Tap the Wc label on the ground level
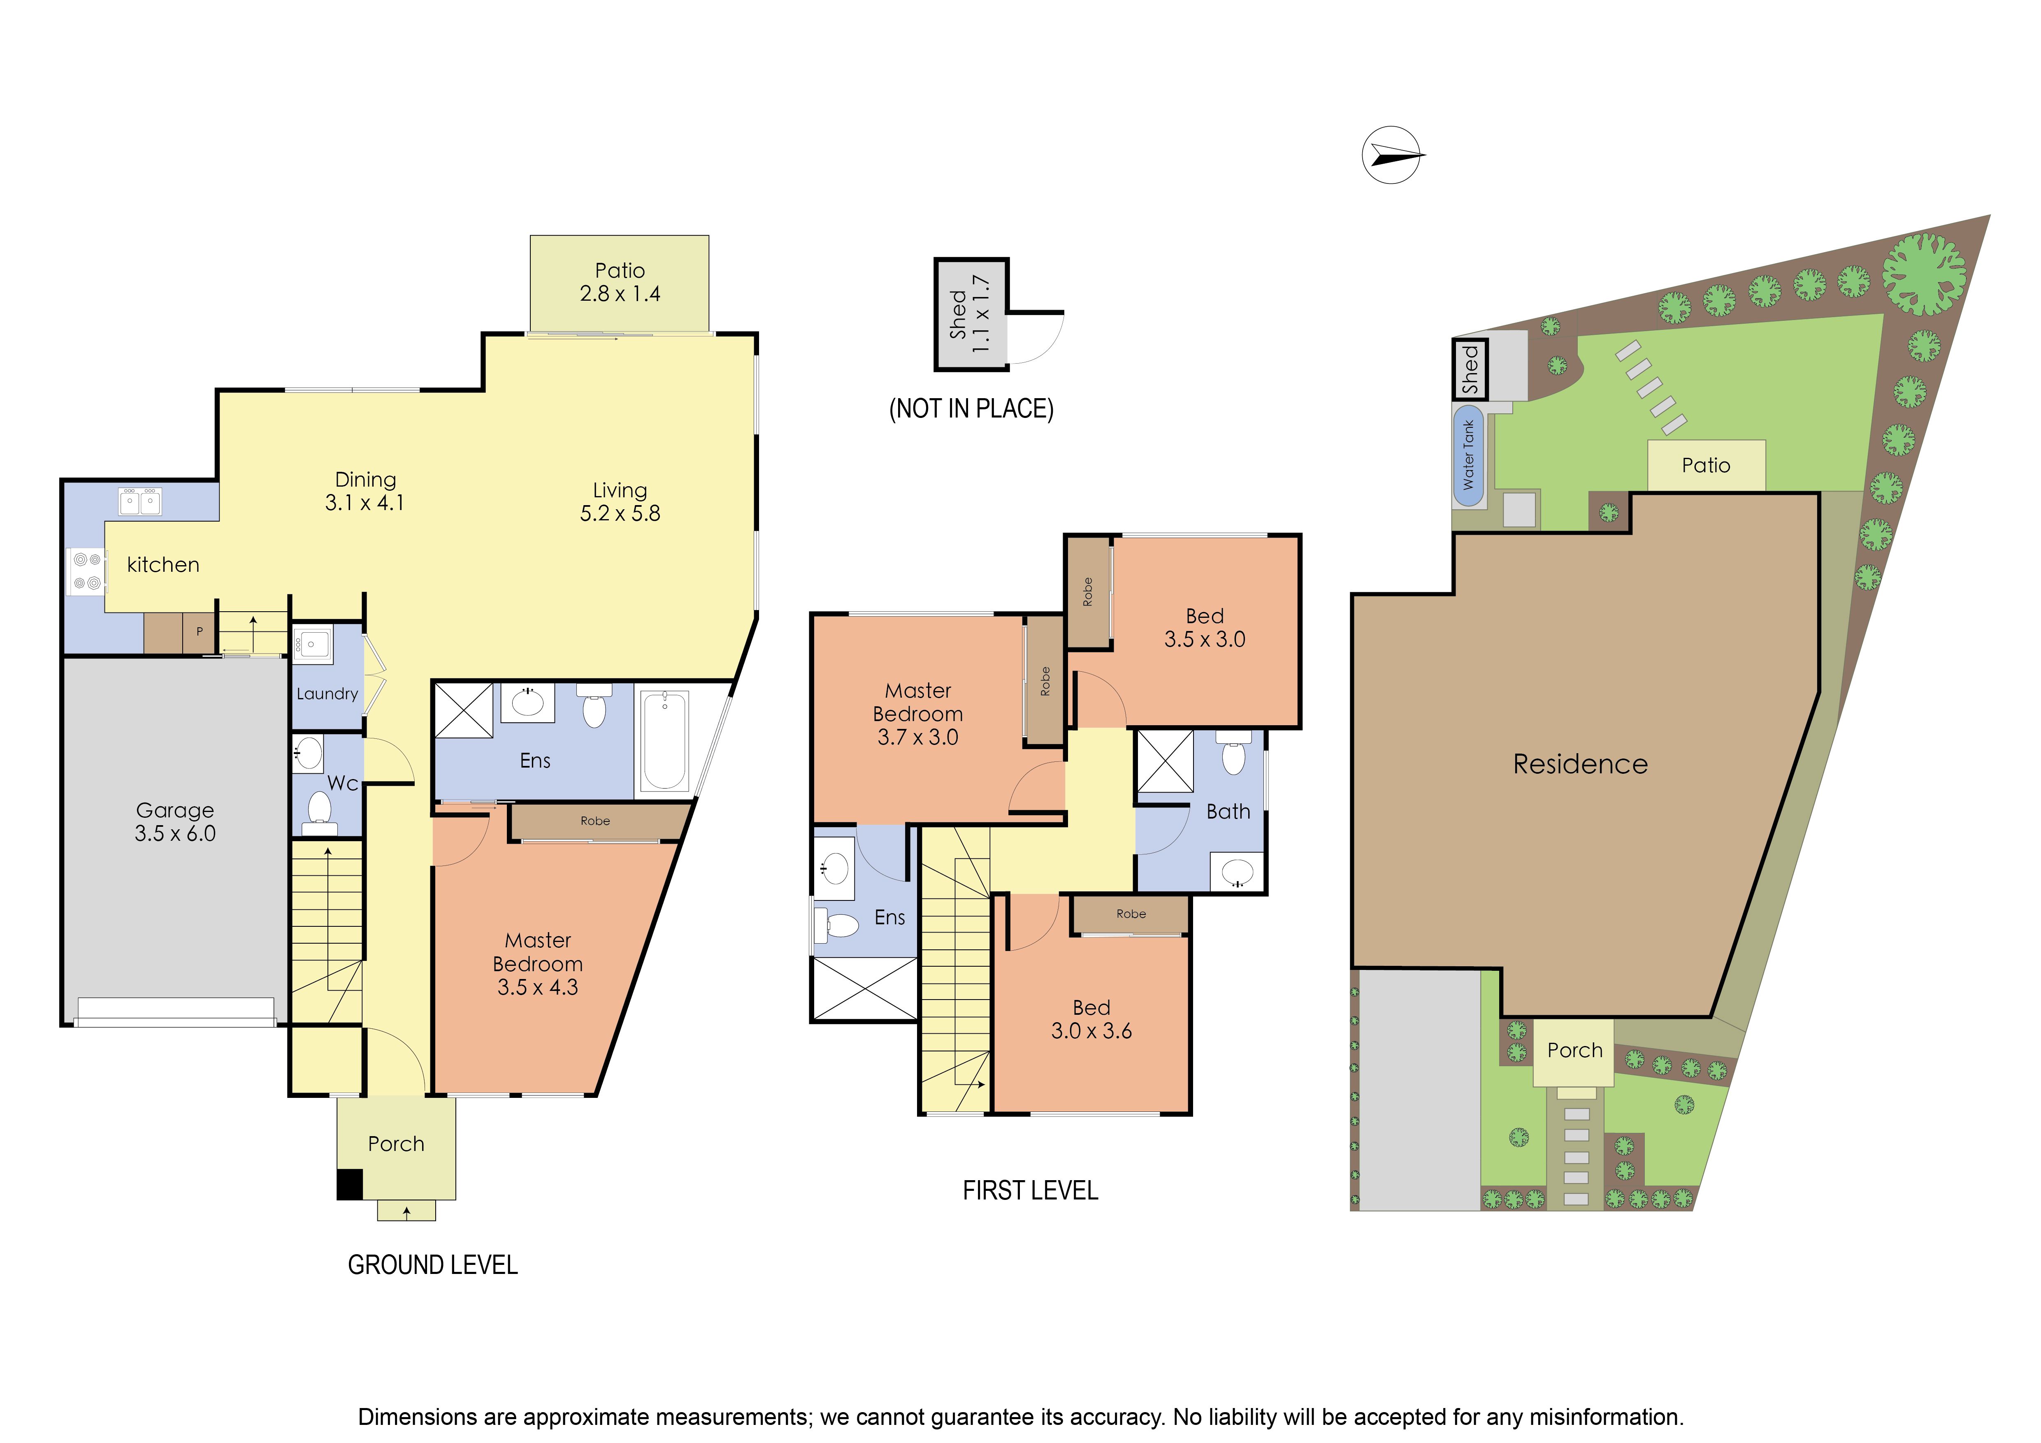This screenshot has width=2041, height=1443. click(343, 783)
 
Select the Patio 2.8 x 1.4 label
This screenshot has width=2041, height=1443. click(620, 282)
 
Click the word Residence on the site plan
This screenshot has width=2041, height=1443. click(1581, 764)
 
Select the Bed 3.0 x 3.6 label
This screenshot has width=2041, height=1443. click(1091, 1019)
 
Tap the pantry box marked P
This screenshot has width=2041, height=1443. click(199, 632)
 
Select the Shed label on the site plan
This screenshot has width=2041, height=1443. click(1470, 369)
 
